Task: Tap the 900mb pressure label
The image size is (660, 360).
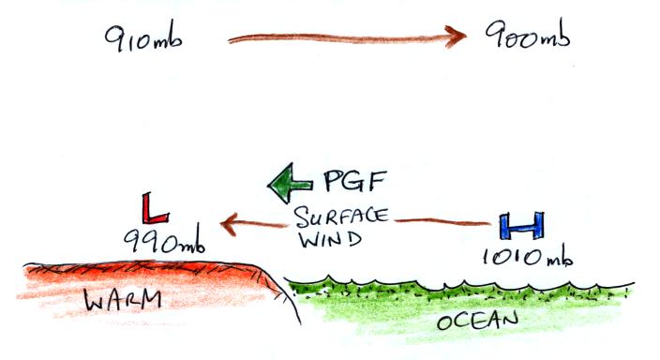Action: pos(528,35)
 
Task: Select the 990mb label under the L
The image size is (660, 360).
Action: pos(165,240)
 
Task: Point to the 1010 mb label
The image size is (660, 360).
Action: pos(528,256)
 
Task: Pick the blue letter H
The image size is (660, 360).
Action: pos(522,226)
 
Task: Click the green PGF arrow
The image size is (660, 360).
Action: pos(290,183)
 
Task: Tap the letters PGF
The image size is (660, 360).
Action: pos(354,181)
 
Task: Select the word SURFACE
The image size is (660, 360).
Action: pos(341,217)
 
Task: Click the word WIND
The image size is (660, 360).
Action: pos(330,239)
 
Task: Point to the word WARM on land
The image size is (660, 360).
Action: pos(123,299)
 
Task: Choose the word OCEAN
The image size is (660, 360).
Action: pos(478,322)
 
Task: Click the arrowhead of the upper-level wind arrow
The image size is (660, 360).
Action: pos(456,37)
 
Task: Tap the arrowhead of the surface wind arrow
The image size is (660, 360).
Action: pos(229,223)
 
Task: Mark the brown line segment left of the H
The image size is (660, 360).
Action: pos(442,221)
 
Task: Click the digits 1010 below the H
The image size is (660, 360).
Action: pos(513,256)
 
